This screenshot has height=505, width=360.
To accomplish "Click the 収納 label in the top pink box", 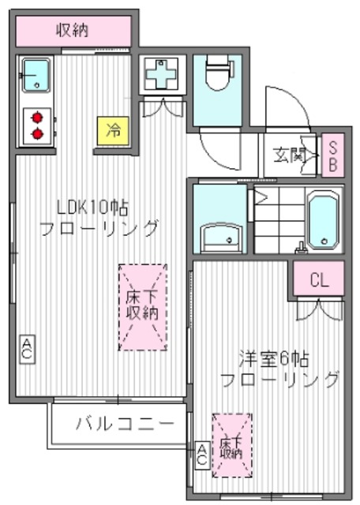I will [72, 31].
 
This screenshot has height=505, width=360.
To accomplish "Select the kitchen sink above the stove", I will [36, 76].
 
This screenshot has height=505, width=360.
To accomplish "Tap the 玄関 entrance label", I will [290, 154].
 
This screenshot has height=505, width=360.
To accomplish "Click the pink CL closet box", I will [320, 279].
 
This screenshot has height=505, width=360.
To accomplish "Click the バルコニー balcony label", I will [125, 425].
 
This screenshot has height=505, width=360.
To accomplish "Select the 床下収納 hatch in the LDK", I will [143, 307].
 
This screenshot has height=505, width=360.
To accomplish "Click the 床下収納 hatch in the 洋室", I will [231, 445].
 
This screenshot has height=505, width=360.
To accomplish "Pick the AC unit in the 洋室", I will [201, 453].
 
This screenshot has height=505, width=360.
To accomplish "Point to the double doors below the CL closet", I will [319, 309].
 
